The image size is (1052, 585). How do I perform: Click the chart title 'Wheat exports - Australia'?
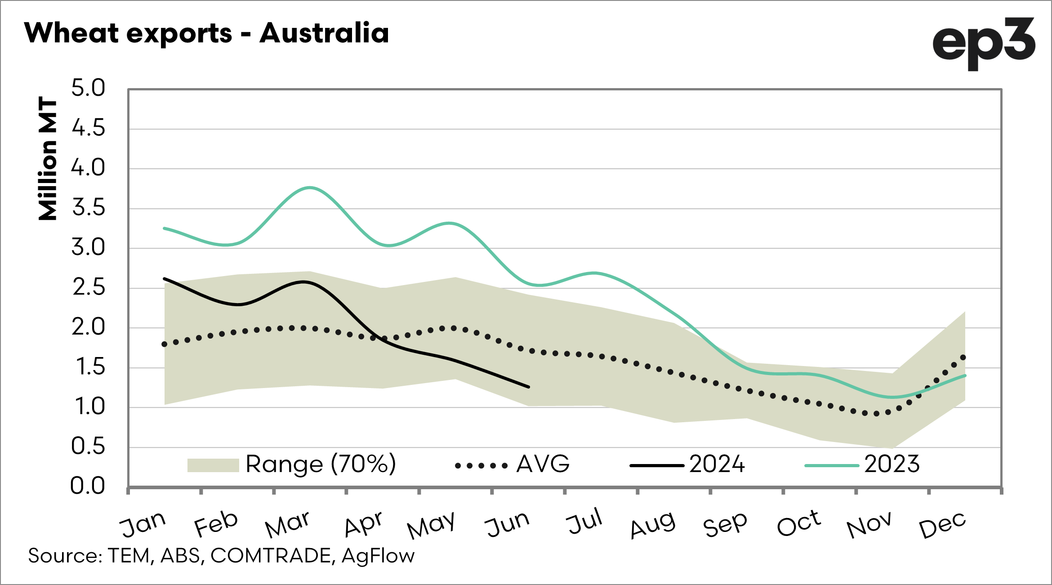[x=207, y=33]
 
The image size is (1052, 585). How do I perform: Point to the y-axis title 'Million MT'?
[x=48, y=158]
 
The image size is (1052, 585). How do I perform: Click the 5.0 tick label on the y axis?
[x=88, y=88]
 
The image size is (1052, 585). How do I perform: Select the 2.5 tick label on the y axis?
[x=89, y=288]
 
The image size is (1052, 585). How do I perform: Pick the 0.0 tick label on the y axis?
[x=88, y=487]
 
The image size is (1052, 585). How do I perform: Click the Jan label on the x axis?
[x=143, y=524]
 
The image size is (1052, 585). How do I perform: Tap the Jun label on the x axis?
[x=508, y=524]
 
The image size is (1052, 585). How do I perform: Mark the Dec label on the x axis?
[x=942, y=525]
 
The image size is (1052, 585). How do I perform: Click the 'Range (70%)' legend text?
[x=321, y=464]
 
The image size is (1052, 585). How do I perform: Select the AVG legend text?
[x=543, y=464]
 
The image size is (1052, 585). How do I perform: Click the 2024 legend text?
[x=717, y=464]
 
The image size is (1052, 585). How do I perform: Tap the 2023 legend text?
[x=892, y=464]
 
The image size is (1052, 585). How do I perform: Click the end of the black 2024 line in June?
[x=528, y=387]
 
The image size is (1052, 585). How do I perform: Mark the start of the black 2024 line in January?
[x=165, y=279]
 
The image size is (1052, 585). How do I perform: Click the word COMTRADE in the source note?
[x=271, y=556]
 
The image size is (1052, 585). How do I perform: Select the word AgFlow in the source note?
[x=378, y=556]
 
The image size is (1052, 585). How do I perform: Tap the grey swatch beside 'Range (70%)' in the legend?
[x=213, y=465]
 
